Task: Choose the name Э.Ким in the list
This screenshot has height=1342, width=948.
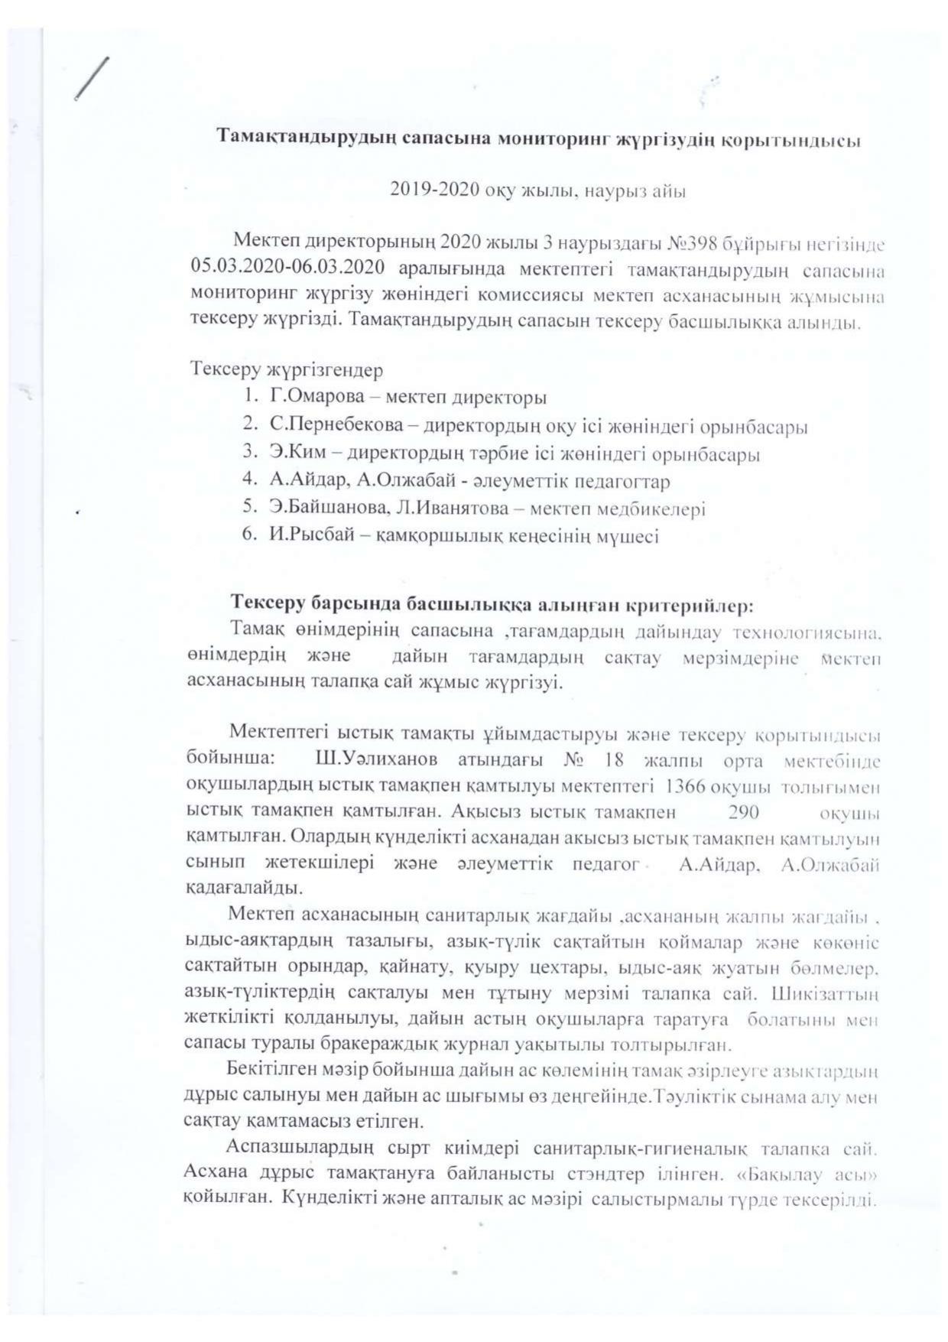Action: pos(289,453)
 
